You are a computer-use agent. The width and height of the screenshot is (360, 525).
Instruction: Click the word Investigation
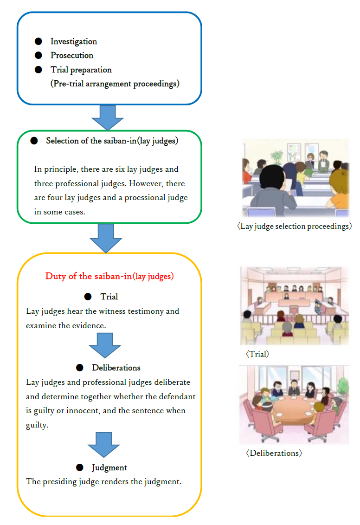pos(74,41)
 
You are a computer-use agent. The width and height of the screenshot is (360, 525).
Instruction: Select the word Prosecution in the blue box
pos(72,55)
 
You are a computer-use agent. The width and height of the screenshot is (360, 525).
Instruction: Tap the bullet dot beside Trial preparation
pos(39,70)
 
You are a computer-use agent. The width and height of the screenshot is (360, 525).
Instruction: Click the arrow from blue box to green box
pos(108,117)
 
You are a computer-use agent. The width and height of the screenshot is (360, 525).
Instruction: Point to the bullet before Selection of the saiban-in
pos(34,141)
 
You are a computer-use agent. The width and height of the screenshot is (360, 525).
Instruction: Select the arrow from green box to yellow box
pos(106,238)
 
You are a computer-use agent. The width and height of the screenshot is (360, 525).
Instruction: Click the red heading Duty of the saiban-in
pos(109,276)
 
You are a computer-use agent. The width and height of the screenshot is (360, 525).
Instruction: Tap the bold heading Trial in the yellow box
pos(109,297)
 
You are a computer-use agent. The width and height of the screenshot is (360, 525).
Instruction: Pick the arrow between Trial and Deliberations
pos(105,345)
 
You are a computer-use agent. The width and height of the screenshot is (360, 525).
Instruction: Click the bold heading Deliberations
pos(116,368)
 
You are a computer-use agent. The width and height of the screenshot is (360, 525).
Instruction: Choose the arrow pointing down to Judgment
pos(104,445)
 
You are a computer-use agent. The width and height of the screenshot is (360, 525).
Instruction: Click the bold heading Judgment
pos(109,468)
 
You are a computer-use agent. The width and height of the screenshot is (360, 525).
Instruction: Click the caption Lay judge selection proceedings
pos(295,227)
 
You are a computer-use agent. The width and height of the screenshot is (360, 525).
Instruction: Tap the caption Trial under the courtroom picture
pos(257,354)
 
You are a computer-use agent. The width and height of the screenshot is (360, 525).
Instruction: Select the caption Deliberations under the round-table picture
pos(274,453)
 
